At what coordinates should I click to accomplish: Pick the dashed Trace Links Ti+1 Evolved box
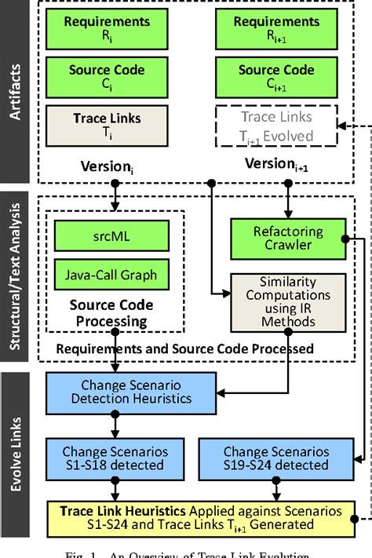(276, 125)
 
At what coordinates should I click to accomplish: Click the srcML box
(112, 234)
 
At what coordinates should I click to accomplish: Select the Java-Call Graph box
(112, 274)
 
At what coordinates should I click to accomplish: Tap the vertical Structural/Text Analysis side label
(16, 278)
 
